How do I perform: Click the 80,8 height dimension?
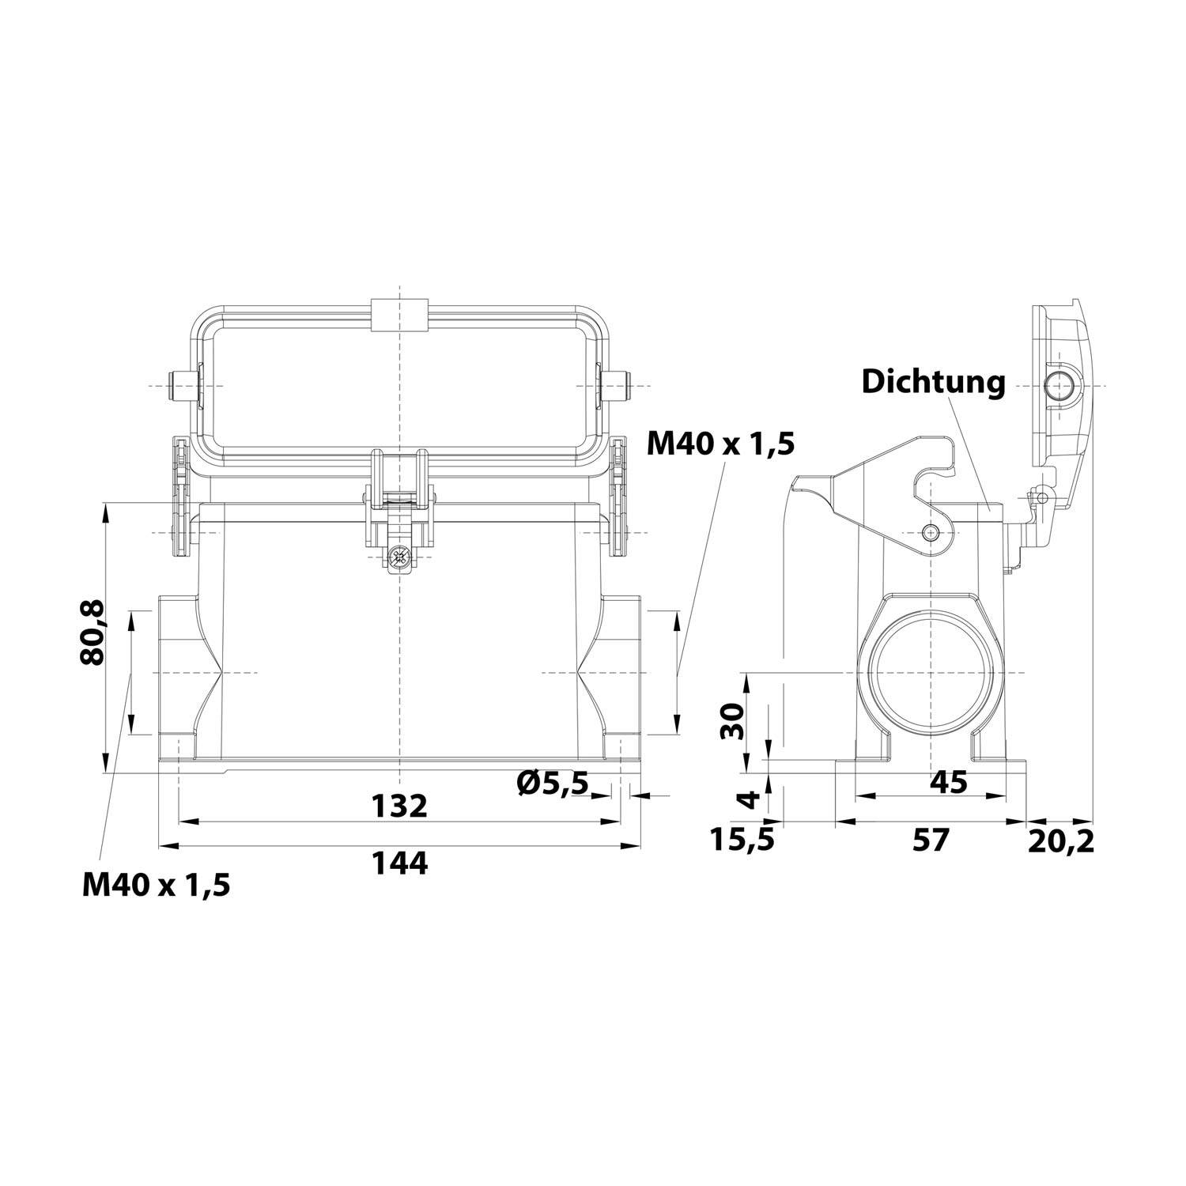93,633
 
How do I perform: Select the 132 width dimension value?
400,806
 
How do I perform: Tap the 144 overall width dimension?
400,863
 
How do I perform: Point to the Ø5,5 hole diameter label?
553,783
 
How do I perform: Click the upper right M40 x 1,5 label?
720,444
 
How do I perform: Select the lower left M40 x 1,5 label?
157,885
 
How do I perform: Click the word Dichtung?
933,382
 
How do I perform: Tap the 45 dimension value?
948,782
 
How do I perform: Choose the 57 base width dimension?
930,840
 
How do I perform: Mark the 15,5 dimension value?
741,840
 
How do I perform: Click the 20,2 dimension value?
1061,841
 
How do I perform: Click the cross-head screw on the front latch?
400,558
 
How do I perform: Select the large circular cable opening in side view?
933,673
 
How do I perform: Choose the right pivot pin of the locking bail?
621,386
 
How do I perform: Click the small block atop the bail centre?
400,313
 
